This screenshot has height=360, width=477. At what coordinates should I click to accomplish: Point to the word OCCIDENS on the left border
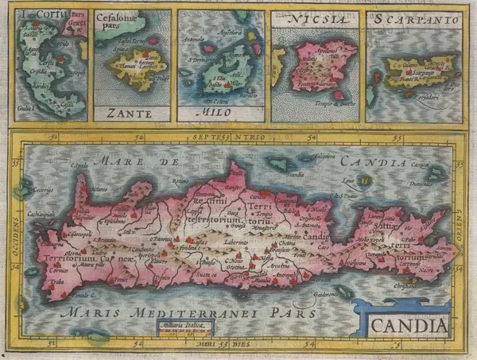(17, 226)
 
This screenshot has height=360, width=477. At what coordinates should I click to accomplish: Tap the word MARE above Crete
(114, 162)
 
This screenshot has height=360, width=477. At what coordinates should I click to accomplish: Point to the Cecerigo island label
(40, 191)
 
